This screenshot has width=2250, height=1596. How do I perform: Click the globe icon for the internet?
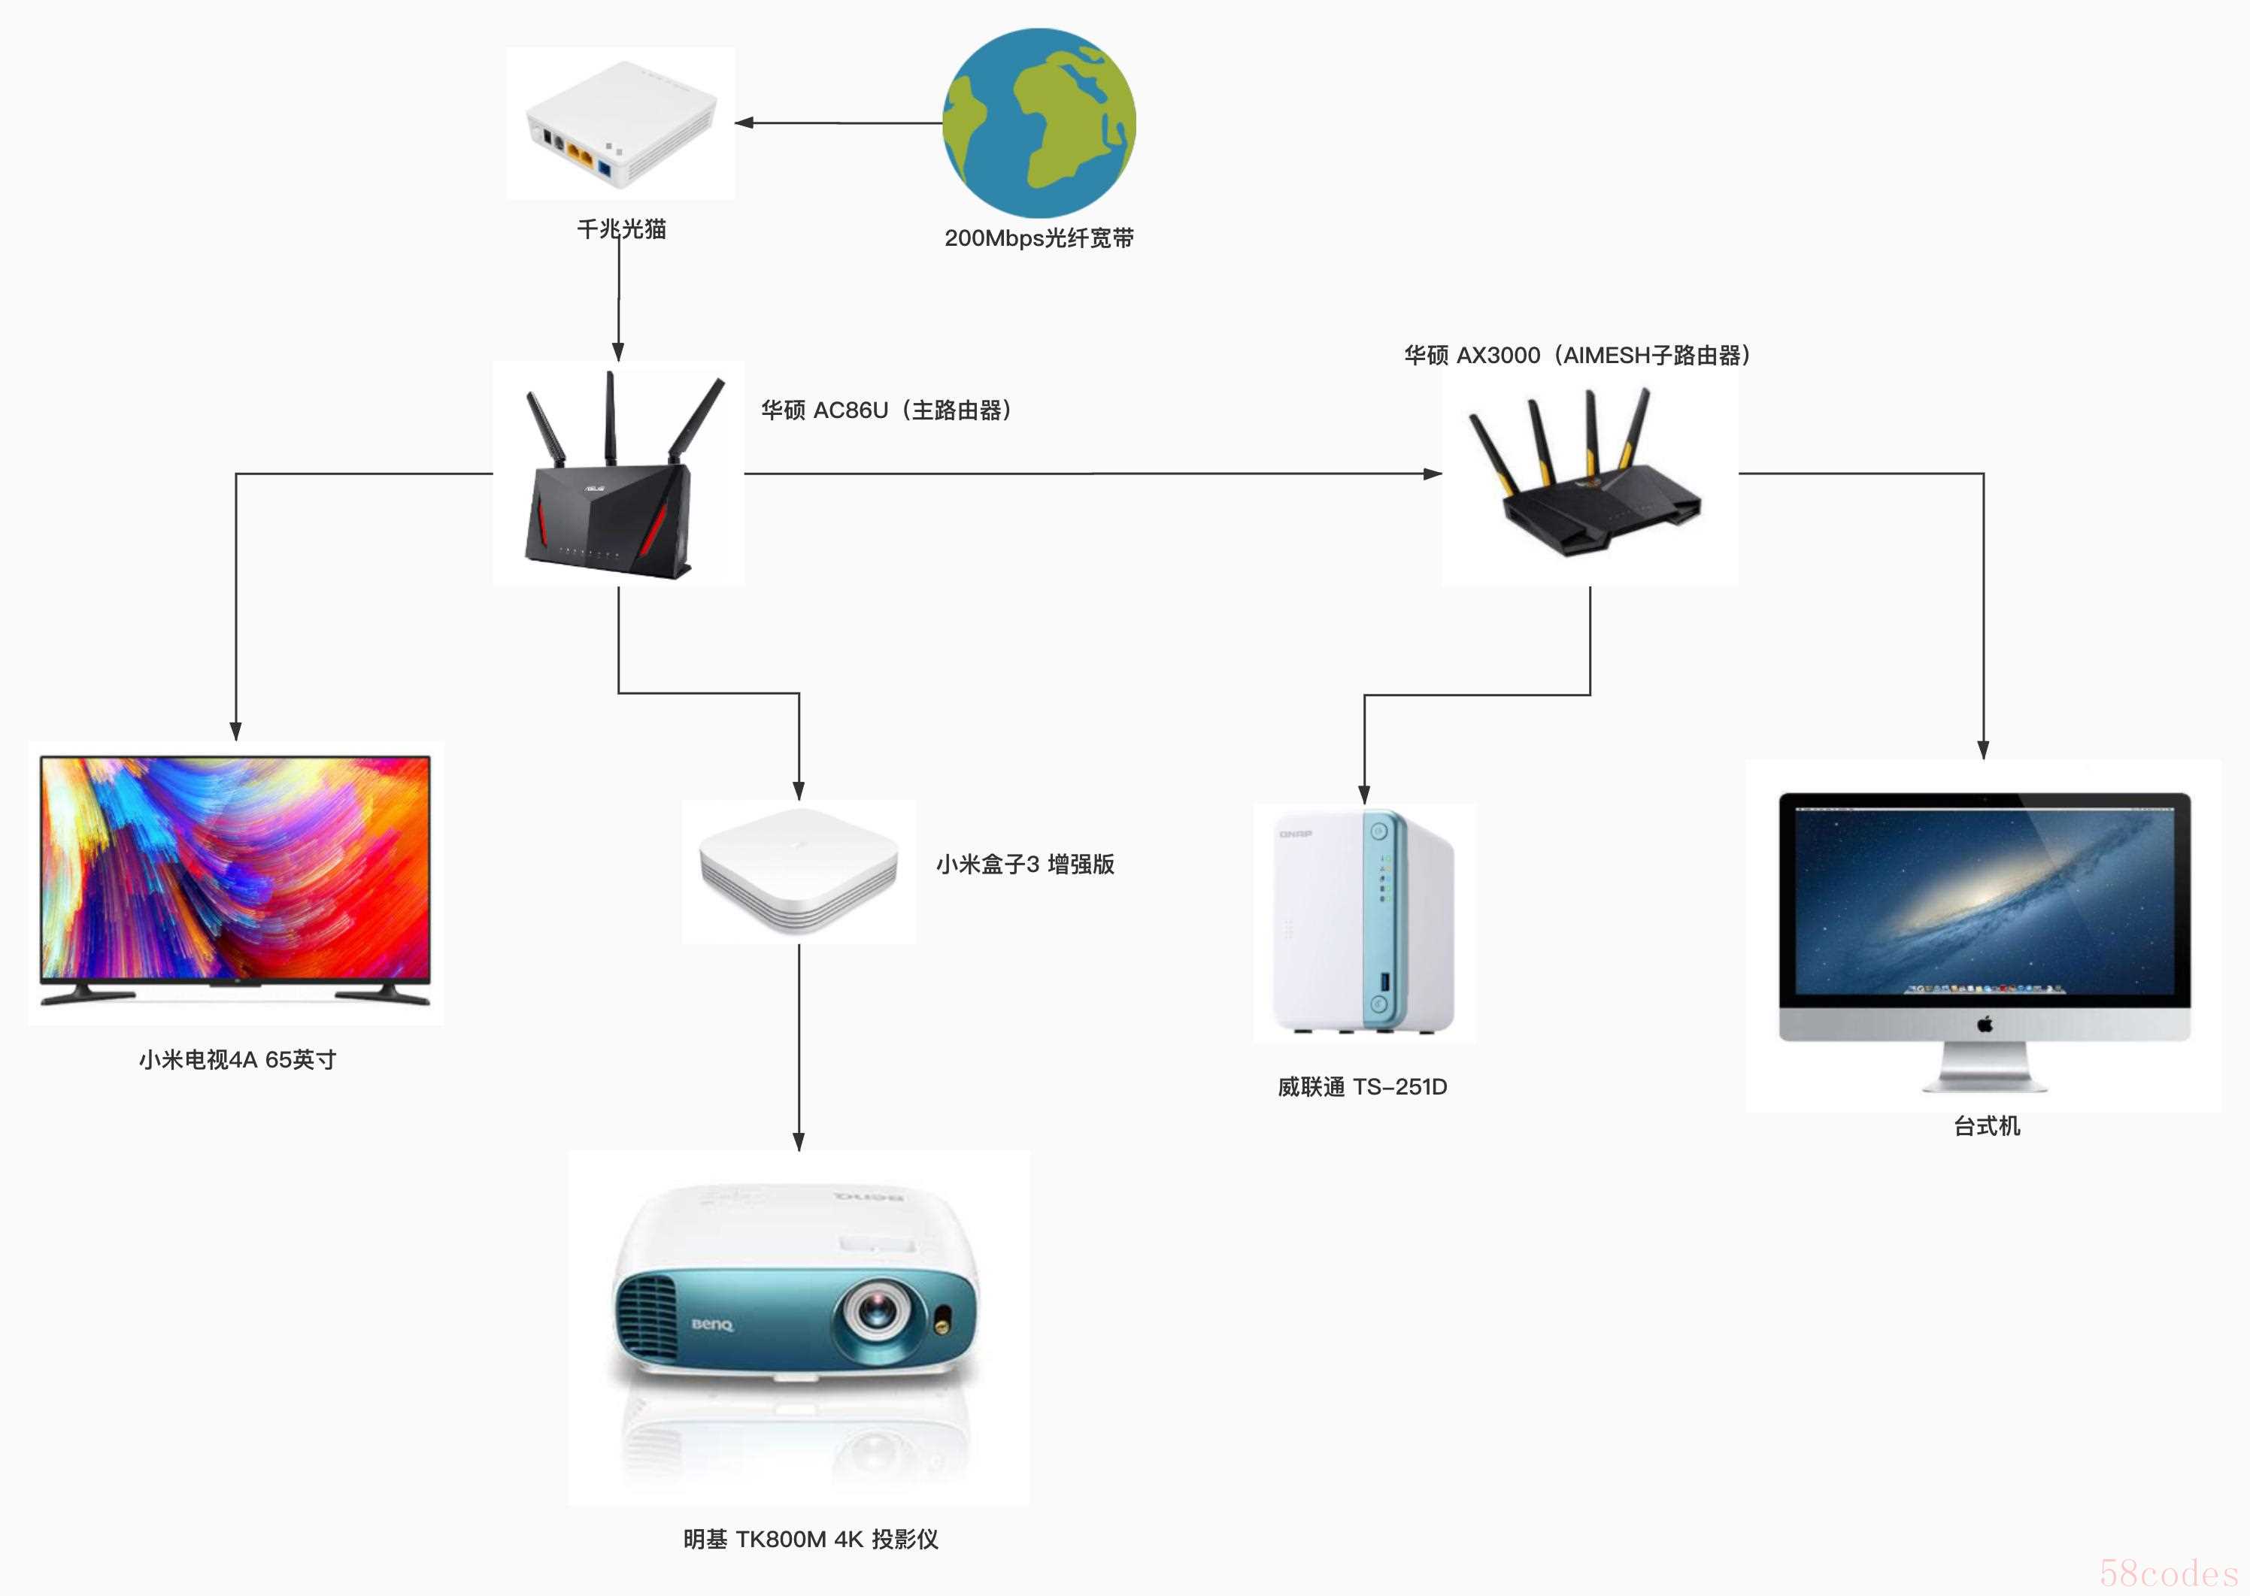(x=1039, y=123)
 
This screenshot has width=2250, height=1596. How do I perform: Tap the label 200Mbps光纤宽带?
(x=1039, y=238)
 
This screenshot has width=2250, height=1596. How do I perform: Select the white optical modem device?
(x=621, y=124)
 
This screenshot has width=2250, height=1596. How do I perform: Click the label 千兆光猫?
(x=621, y=229)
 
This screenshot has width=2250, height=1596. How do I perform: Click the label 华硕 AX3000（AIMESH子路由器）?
(x=1578, y=355)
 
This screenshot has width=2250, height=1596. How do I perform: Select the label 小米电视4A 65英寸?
(x=238, y=1059)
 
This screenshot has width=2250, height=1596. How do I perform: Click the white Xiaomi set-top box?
(x=798, y=870)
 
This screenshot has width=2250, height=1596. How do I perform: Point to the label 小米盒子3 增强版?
(x=1025, y=864)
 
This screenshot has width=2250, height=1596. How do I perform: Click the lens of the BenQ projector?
(x=872, y=1310)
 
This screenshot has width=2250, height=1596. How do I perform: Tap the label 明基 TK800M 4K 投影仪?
(x=811, y=1539)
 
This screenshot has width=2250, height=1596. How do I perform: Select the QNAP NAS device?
(x=1364, y=922)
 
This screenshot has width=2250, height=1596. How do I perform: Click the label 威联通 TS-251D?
(x=1363, y=1087)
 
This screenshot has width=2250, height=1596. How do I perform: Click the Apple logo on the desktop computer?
(x=1985, y=1024)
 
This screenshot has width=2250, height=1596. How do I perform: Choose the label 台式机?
(x=1987, y=1126)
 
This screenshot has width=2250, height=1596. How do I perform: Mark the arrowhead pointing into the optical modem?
(x=744, y=123)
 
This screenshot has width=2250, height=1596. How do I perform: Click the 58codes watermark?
(x=2169, y=1573)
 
